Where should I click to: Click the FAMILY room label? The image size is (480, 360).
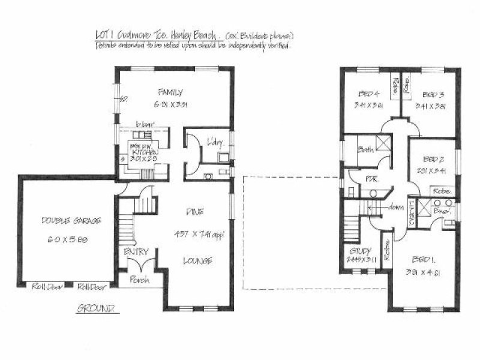170,92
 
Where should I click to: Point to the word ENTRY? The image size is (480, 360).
136,251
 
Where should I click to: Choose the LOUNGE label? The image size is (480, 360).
198,261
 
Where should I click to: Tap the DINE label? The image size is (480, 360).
194,211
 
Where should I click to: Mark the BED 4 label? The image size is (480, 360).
369,94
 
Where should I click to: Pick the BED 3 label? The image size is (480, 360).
432,95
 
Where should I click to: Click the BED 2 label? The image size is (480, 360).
433,160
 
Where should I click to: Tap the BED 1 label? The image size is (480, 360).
424,260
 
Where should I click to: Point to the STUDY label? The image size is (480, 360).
361,251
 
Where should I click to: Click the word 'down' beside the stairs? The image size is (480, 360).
395,207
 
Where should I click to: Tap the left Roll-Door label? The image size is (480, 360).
44,286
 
